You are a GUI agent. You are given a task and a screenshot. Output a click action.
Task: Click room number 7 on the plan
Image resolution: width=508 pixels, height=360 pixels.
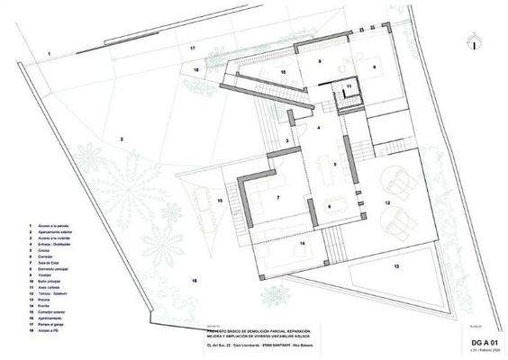pyautogui.click(x=278, y=197)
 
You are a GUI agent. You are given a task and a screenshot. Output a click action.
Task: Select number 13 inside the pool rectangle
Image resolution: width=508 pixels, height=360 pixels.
pyautogui.click(x=395, y=266)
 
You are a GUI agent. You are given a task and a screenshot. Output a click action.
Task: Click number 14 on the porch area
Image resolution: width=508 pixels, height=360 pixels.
pyautogui.click(x=303, y=243)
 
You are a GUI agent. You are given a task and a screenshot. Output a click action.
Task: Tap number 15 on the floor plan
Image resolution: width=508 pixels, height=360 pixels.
pyautogui.click(x=219, y=202)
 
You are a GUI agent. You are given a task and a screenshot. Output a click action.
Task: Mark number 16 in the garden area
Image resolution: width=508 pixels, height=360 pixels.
pyautogui.click(x=193, y=282)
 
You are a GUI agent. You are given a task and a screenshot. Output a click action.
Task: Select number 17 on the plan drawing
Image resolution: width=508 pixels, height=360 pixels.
pyautogui.click(x=192, y=46)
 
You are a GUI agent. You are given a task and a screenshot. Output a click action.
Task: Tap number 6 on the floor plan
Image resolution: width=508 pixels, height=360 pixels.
pyautogui.click(x=330, y=206)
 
